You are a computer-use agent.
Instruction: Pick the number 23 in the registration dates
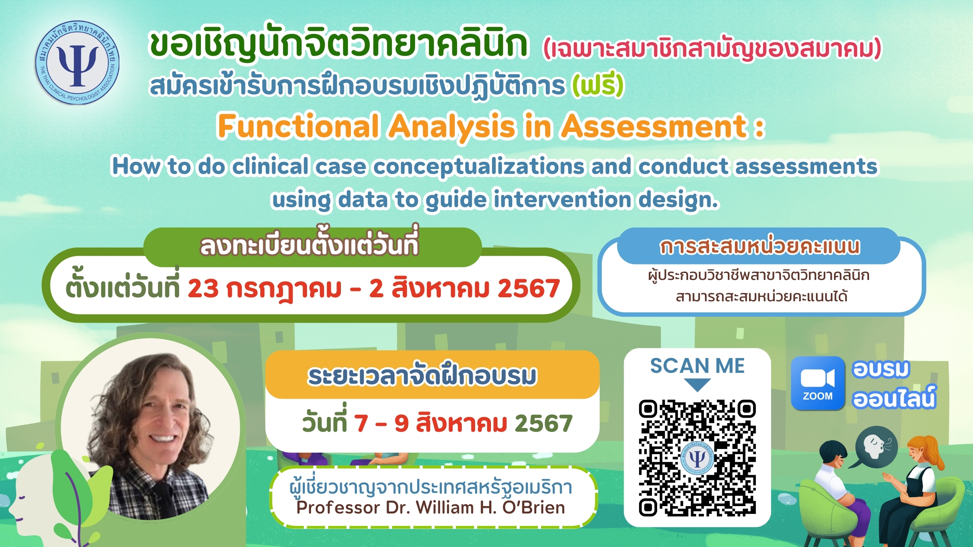point(203,288)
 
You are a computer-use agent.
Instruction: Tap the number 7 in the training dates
point(361,423)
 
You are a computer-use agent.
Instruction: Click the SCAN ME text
point(697,365)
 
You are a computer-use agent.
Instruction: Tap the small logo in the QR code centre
point(697,458)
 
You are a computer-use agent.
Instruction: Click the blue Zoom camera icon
point(818,383)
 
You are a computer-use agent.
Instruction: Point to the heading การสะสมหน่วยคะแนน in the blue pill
point(760,247)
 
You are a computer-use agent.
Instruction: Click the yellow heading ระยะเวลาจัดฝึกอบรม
point(422,376)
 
